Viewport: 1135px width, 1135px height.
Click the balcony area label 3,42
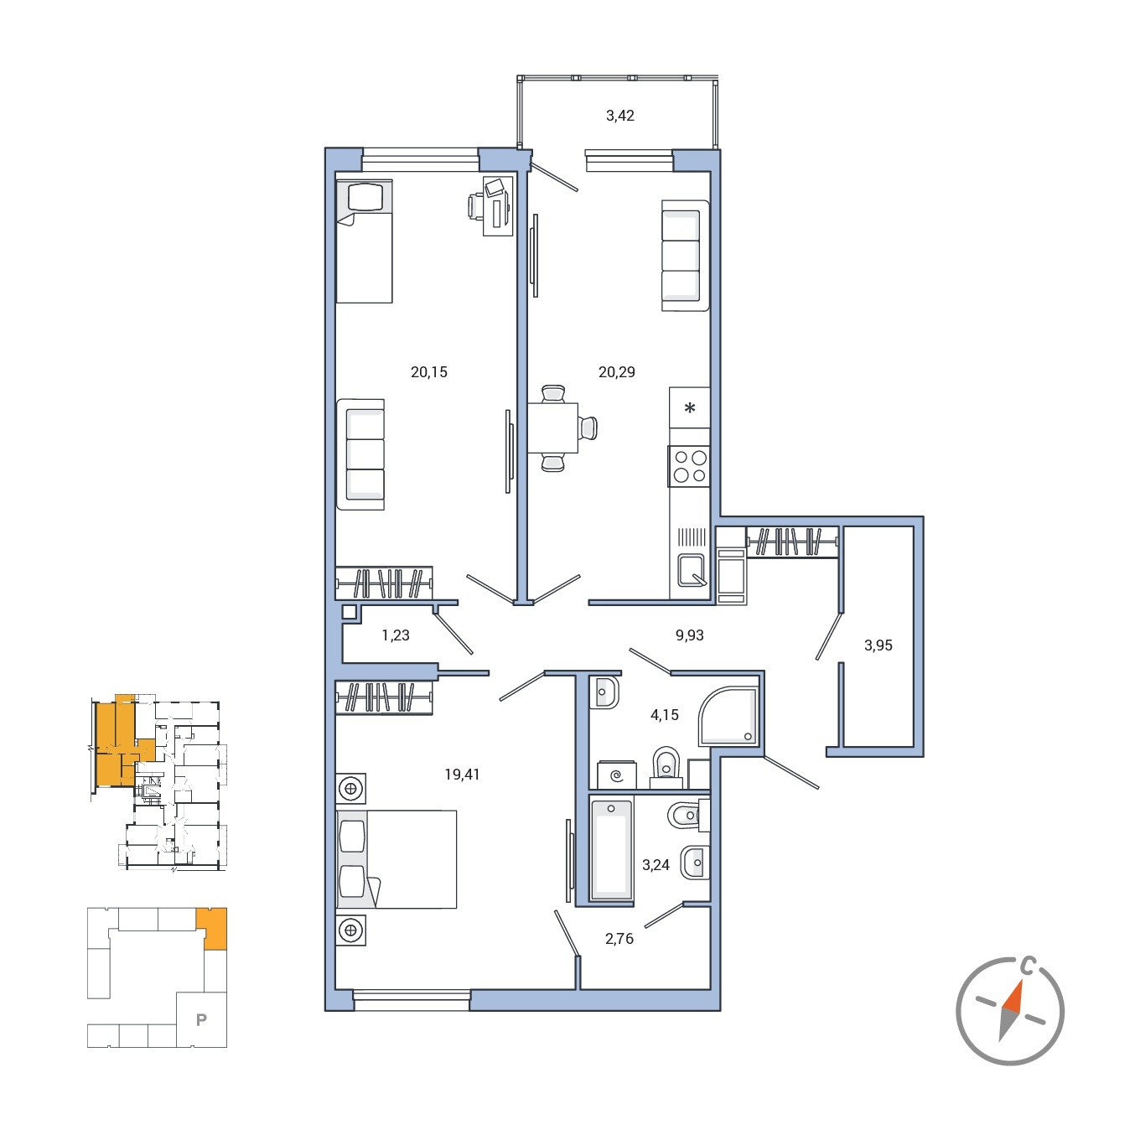click(x=619, y=116)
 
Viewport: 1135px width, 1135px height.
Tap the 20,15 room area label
click(x=428, y=372)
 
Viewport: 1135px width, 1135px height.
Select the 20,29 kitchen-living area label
click(x=616, y=372)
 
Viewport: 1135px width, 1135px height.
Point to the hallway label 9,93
click(x=689, y=635)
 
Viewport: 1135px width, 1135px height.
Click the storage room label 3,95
click(x=878, y=645)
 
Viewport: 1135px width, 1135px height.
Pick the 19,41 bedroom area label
click(x=462, y=775)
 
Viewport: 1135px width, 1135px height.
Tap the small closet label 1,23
click(x=395, y=635)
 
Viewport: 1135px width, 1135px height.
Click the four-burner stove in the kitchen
click(x=689, y=467)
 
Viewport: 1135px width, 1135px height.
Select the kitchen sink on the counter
click(x=692, y=569)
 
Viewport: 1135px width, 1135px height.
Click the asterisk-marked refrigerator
click(x=689, y=408)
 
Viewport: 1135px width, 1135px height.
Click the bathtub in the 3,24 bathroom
click(x=611, y=849)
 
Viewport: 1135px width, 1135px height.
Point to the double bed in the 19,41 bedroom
click(x=396, y=859)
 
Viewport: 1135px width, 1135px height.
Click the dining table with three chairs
click(x=552, y=428)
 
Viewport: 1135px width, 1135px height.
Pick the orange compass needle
click(x=1013, y=998)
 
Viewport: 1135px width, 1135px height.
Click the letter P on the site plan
click(x=201, y=1020)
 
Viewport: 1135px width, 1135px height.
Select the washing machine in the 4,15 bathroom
click(x=616, y=775)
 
